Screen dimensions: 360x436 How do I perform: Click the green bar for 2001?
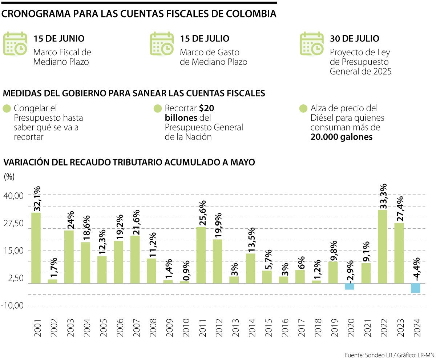[36, 248]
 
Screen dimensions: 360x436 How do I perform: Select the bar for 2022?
[383, 247]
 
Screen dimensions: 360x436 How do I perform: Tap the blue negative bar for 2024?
[416, 288]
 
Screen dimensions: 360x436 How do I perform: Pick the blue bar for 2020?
[350, 287]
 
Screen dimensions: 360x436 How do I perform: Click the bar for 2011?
[201, 255]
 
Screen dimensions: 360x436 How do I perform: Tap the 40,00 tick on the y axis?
[13, 195]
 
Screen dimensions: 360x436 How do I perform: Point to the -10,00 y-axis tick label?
[13, 306]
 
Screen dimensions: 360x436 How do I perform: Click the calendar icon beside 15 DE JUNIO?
[15, 44]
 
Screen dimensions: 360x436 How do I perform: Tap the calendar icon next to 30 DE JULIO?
[312, 44]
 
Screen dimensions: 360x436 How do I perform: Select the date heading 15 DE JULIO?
[205, 39]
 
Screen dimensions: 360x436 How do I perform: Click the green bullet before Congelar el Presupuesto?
[7, 109]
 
